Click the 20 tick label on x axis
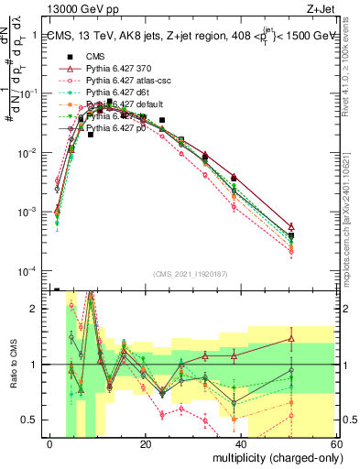(146, 443)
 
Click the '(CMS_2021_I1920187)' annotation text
(191, 274)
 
